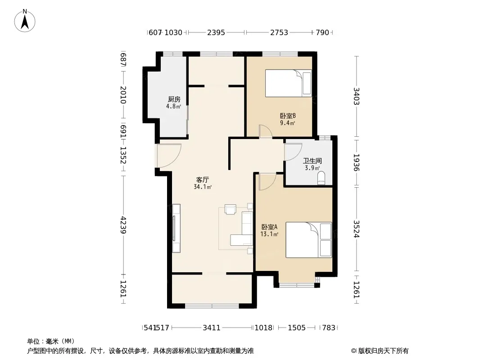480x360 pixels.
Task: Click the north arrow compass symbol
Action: point(25,20)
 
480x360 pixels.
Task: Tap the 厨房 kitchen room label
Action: point(174,99)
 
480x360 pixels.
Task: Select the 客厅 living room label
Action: point(202,180)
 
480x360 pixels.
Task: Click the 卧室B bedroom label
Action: point(288,116)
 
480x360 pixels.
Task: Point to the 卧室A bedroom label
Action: point(269,227)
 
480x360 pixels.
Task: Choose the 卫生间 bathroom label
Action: point(312,161)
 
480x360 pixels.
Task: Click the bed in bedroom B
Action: point(288,83)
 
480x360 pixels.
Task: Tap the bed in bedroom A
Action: point(308,240)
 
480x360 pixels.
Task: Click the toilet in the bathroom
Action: point(321,178)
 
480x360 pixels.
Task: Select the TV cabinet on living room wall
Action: point(176,228)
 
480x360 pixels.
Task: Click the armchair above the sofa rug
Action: point(230,209)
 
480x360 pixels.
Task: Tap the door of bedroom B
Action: point(265,131)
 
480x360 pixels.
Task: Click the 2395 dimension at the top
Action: point(216,32)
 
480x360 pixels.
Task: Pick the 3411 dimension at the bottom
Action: point(212,328)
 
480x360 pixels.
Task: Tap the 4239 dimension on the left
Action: point(123,225)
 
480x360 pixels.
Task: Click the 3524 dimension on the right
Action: point(356,229)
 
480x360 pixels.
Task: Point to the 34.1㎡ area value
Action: point(203,187)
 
